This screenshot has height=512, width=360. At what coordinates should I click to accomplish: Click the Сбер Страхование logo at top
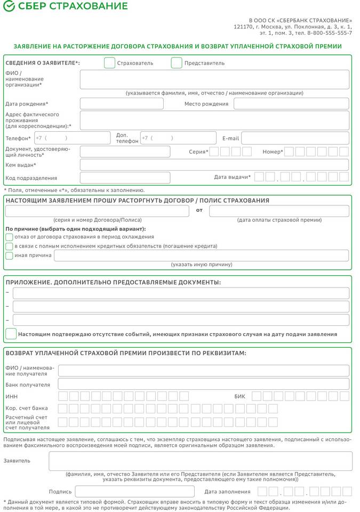point(66,6)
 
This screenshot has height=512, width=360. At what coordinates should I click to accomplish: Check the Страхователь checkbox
point(109,63)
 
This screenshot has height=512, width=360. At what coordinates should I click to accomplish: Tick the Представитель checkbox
point(177,63)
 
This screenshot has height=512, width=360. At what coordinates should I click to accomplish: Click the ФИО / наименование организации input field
point(214,79)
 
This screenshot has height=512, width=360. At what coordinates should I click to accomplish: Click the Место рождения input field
point(291,103)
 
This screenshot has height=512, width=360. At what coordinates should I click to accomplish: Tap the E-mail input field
point(295,138)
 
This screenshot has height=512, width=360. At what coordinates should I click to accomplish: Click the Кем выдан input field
point(214,165)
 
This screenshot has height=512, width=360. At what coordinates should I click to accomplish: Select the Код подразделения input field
point(125,178)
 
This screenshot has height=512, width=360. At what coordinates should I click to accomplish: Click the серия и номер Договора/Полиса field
point(97,211)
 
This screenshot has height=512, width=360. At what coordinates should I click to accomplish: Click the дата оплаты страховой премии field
point(279,211)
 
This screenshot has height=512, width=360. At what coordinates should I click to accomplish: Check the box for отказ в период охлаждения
point(9,237)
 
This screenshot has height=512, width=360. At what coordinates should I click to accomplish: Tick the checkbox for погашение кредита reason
point(9,246)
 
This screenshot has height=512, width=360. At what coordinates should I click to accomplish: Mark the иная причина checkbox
point(9,255)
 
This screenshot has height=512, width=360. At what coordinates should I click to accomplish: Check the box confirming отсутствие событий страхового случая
point(11,334)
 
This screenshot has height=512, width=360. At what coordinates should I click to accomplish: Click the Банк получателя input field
point(203,384)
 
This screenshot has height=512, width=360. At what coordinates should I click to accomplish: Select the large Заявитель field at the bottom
point(200,461)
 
